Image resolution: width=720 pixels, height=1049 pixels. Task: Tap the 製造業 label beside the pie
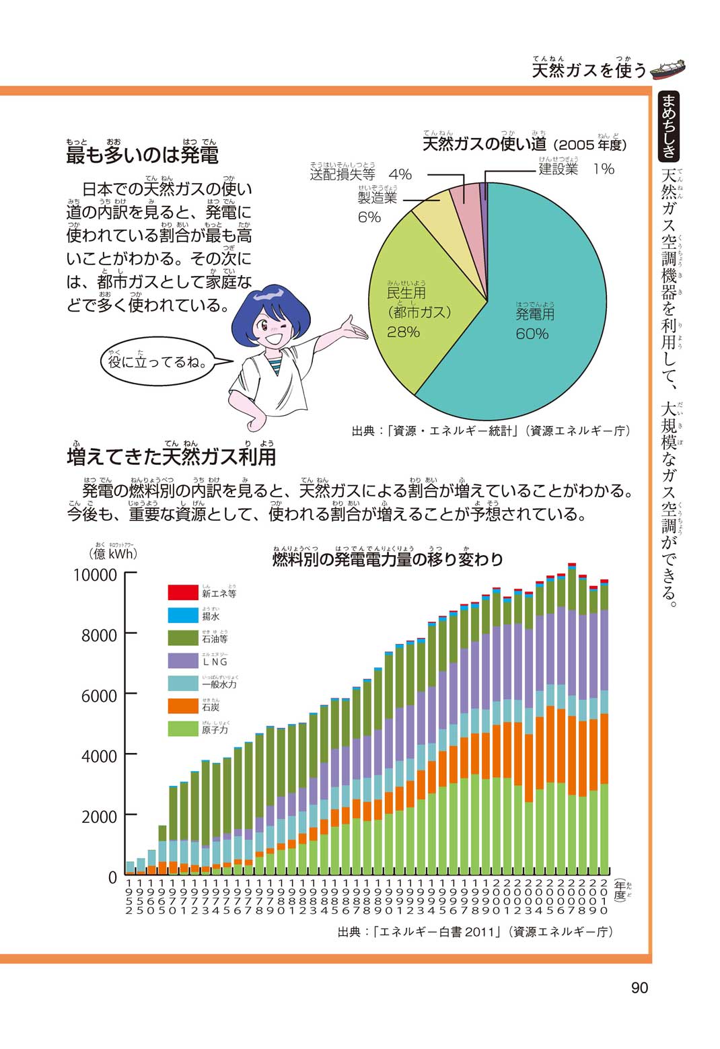(x=377, y=198)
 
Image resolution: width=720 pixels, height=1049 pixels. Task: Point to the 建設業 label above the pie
(x=559, y=169)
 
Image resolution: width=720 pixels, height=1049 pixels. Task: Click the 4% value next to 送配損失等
(x=400, y=174)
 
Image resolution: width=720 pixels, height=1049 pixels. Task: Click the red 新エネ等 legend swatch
(x=181, y=592)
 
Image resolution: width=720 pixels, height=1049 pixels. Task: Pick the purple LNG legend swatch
(x=181, y=660)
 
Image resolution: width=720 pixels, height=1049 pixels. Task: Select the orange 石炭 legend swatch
(x=181, y=706)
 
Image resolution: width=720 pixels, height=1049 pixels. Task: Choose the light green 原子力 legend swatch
(x=181, y=728)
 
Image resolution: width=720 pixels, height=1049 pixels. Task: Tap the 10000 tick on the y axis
(x=95, y=575)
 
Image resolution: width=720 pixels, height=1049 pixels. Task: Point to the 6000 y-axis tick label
(x=99, y=696)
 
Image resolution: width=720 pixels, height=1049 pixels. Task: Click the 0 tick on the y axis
(x=112, y=877)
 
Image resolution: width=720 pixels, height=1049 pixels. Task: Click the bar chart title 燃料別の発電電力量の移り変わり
(x=387, y=560)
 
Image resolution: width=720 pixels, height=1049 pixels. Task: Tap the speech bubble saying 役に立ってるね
(x=158, y=363)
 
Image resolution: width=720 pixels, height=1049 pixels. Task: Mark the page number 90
(x=639, y=988)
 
